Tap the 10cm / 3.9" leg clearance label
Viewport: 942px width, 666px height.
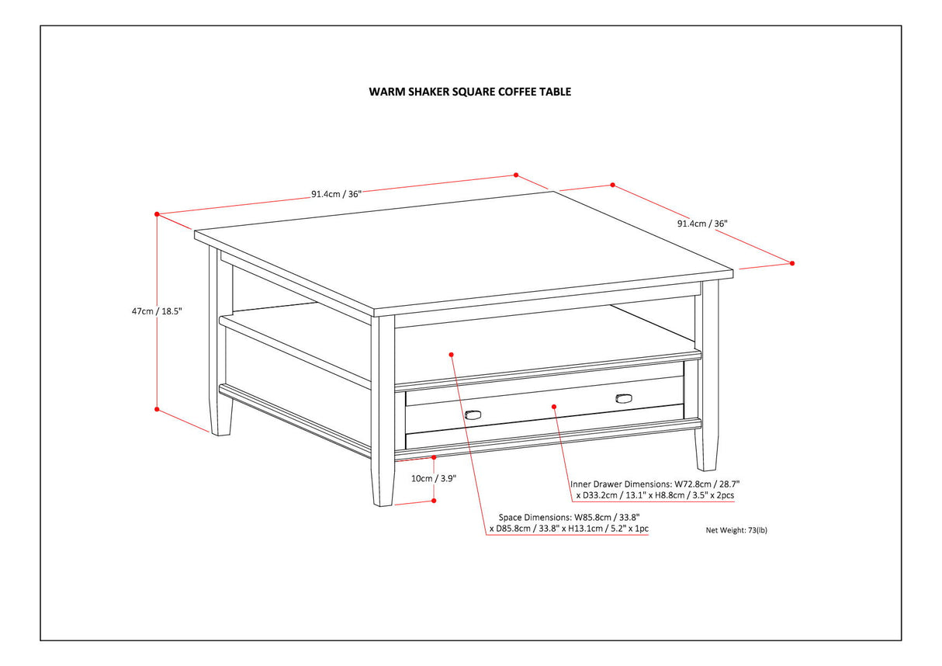coord(434,479)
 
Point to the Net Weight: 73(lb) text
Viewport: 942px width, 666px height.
coord(736,531)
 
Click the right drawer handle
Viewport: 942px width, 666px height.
coord(624,399)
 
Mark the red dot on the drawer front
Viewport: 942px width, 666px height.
coord(554,405)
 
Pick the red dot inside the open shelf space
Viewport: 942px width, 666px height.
coord(451,354)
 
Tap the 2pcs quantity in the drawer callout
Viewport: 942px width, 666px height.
coord(724,494)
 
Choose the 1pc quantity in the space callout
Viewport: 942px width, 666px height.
coord(639,529)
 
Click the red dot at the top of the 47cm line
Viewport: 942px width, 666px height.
coord(157,213)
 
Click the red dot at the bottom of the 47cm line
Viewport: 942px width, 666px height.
coord(157,409)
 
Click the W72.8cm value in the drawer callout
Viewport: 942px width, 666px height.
coord(692,483)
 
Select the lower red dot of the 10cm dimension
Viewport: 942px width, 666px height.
coord(434,501)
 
